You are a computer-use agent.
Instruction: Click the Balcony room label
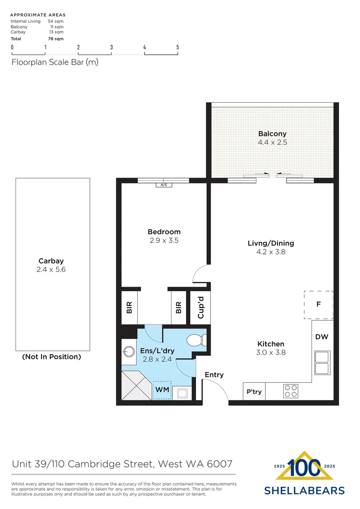tap(272, 134)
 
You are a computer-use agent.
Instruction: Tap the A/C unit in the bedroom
tap(164, 185)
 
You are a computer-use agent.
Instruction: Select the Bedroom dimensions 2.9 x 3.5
tap(164, 240)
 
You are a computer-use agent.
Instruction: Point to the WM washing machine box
tap(162, 390)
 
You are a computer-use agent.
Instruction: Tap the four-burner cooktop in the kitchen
tap(291, 391)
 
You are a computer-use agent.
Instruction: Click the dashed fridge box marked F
tap(319, 305)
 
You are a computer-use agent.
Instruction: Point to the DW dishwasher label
tap(322, 337)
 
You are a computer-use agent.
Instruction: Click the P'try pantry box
tap(254, 392)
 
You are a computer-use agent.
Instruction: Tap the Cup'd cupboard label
tap(201, 307)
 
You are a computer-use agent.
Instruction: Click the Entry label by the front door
tap(214, 375)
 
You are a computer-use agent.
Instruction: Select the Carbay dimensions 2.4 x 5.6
tap(51, 270)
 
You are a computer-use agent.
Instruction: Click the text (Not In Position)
tap(51, 357)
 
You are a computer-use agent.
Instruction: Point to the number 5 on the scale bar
tap(178, 47)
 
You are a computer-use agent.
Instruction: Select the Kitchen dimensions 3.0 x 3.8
tap(270, 352)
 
